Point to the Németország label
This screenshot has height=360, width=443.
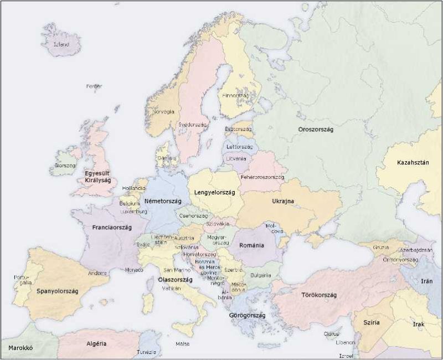point(162,201)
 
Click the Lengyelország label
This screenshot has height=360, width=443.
point(215,192)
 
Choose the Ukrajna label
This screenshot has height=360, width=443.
point(282,201)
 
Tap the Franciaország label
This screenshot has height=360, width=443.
point(111,227)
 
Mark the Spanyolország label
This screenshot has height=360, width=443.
point(58,291)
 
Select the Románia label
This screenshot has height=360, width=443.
point(251,245)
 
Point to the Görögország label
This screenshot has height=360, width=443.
point(247,315)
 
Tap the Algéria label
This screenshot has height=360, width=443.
point(96,344)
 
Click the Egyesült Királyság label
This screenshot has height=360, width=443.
point(98,177)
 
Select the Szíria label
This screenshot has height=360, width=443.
point(371,322)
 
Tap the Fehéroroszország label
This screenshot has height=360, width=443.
point(262,177)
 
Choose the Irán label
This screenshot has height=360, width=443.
point(426,281)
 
